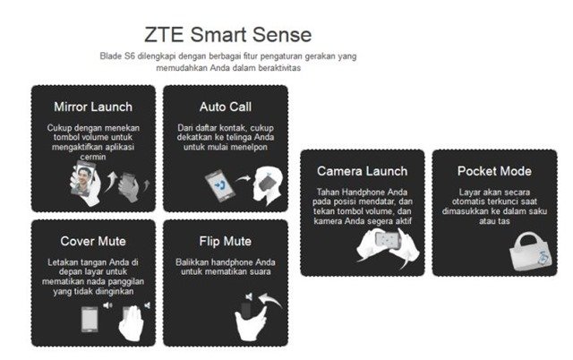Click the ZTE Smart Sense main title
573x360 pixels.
click(228, 35)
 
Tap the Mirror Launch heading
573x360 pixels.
click(93, 107)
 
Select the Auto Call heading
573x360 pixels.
click(226, 107)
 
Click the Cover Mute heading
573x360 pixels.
click(93, 241)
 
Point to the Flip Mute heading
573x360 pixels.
click(226, 241)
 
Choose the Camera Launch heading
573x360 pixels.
click(362, 171)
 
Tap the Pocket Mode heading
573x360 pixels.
click(494, 171)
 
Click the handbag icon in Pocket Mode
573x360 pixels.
click(531, 253)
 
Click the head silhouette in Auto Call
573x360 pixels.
click(268, 184)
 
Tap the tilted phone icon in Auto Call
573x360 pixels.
click(220, 185)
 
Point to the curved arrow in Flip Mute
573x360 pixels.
click(269, 299)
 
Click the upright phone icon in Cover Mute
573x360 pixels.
click(90, 320)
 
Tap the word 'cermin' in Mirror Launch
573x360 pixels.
click(93, 157)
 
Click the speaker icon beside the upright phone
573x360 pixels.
click(107, 305)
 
